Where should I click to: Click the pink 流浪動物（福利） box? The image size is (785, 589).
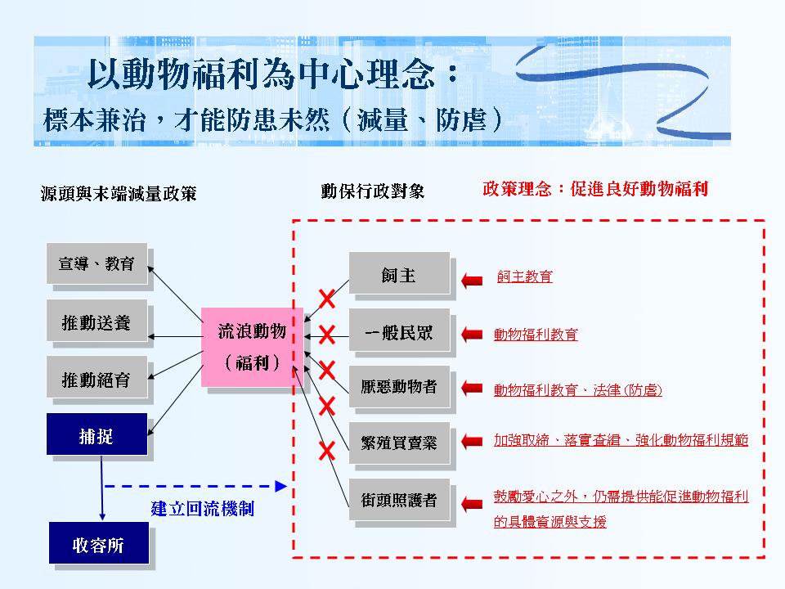pos(252,347)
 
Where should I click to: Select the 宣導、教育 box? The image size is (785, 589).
pos(96,263)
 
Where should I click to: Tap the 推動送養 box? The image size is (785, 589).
pos(96,322)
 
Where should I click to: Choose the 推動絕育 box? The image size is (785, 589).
pos(96,378)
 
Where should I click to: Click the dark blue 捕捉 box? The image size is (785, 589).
pos(96,434)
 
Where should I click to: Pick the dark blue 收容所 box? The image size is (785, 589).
pos(98,544)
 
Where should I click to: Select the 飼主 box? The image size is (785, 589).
pos(399,274)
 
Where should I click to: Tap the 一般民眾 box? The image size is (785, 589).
pos(399,331)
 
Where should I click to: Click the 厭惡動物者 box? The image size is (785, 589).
pos(399,387)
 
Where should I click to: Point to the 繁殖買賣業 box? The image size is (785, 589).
pos(399,443)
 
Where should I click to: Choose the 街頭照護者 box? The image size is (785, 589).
pos(399,499)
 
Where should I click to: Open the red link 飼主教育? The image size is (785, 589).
pos(524,277)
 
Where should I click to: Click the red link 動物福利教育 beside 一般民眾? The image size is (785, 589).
pos(536,334)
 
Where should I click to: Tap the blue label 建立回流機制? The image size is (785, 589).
pos(202,508)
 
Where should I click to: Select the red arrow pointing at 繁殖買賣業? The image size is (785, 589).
pos(472,442)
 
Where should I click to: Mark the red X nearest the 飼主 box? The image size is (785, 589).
pos(326,298)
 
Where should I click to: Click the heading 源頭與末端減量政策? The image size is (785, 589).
pos(119,194)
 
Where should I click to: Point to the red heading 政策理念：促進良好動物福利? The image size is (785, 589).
pos(594,189)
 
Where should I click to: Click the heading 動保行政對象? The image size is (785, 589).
pos(372,191)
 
